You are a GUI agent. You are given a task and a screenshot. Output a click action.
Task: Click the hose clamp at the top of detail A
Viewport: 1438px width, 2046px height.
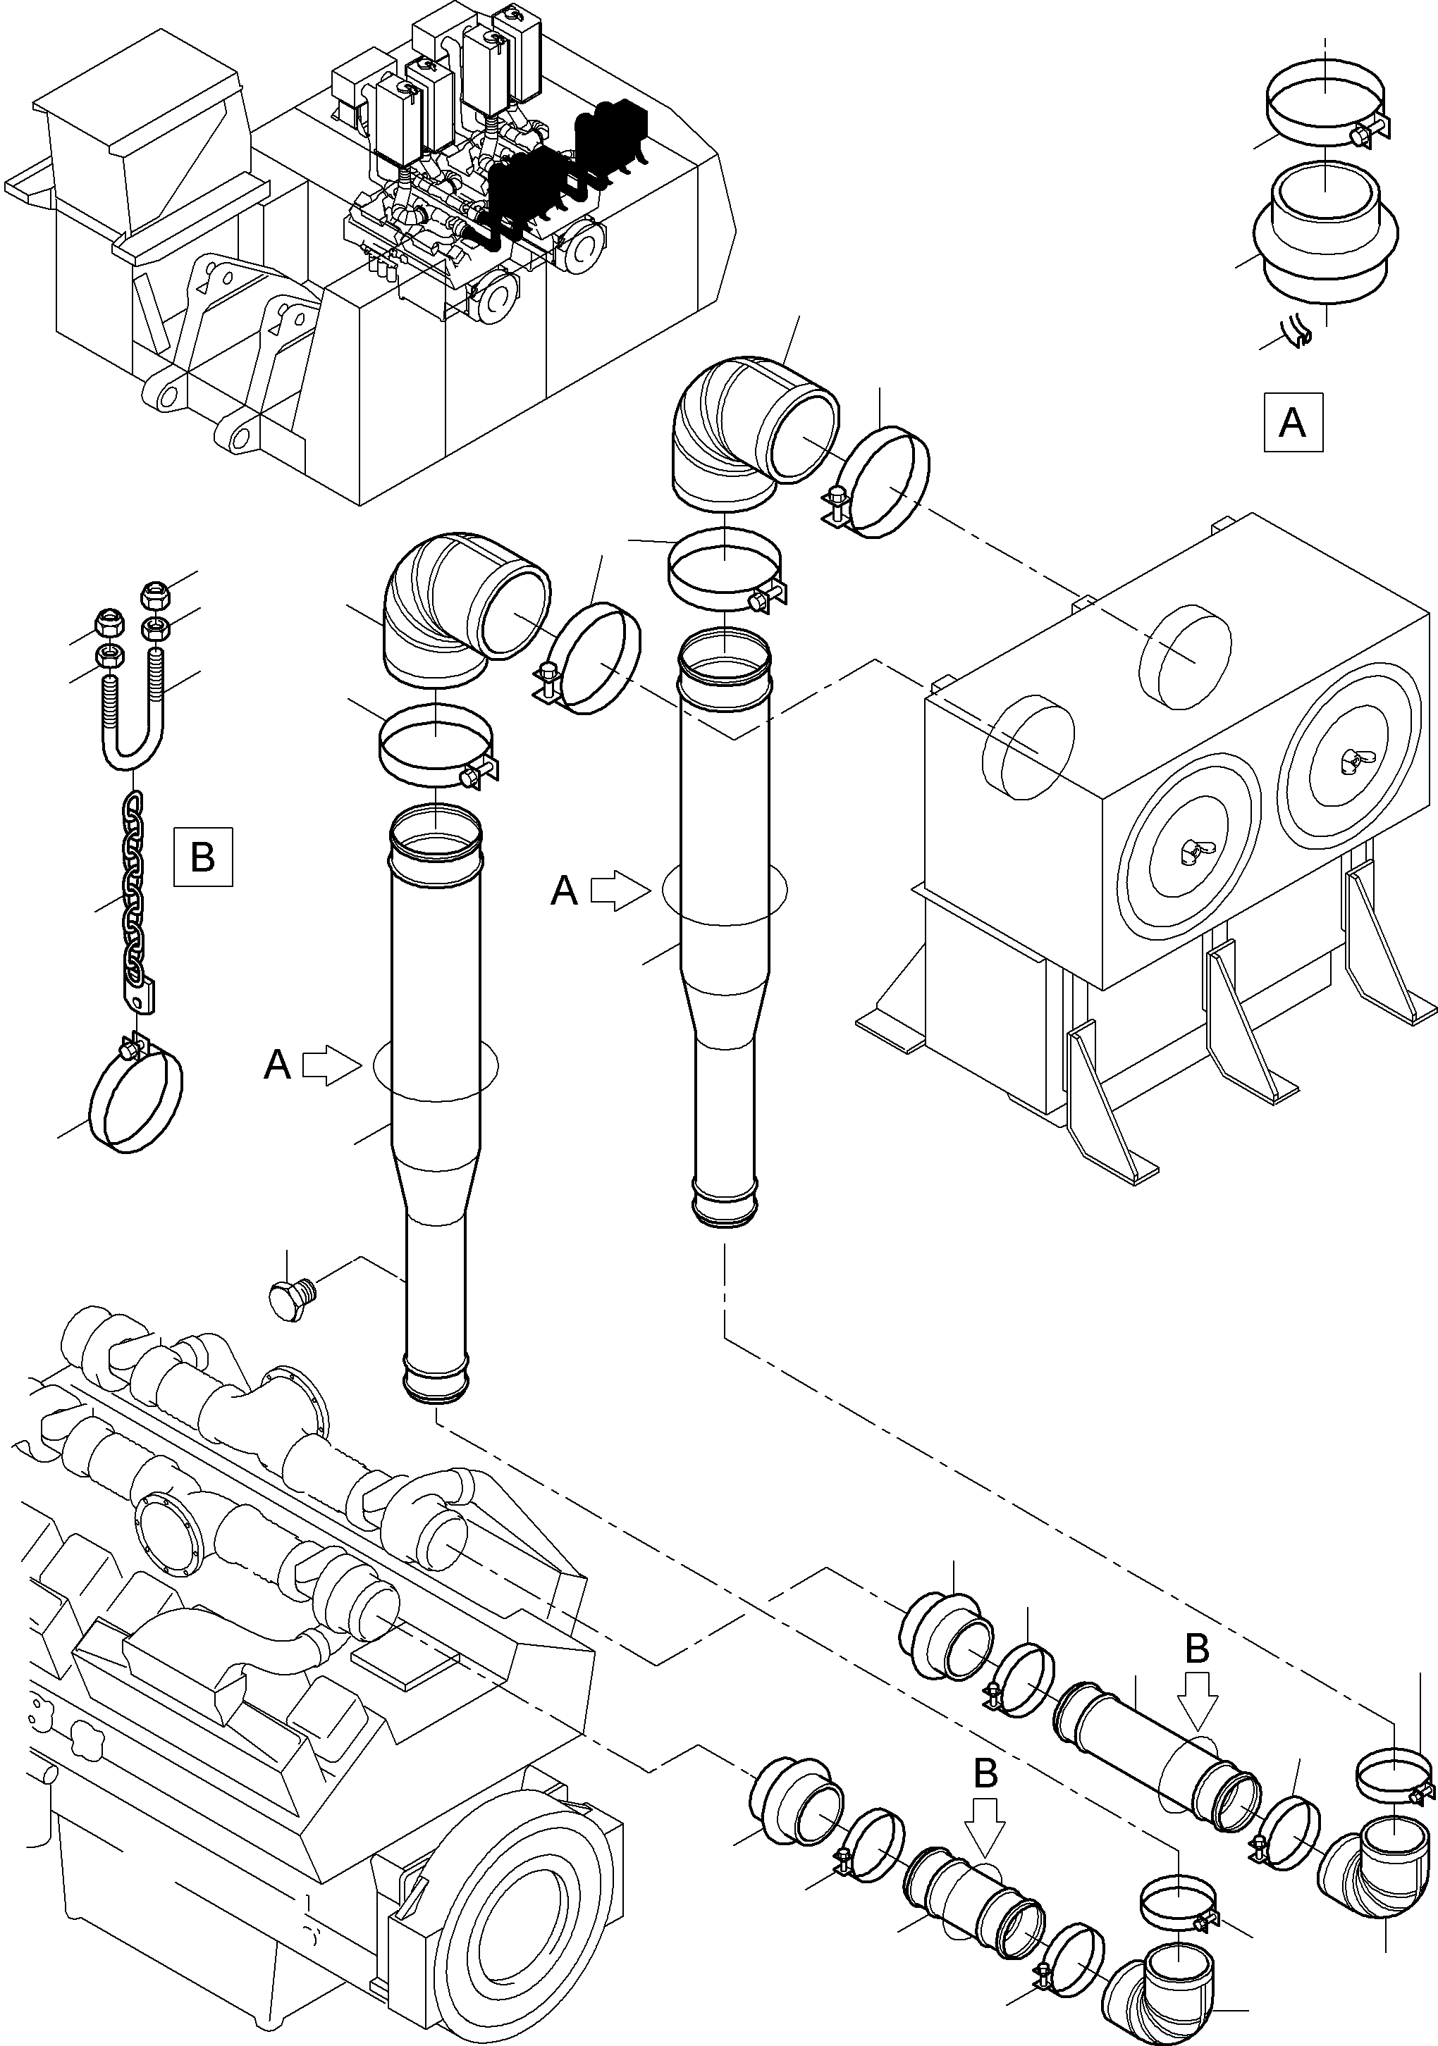pos(1327,111)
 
